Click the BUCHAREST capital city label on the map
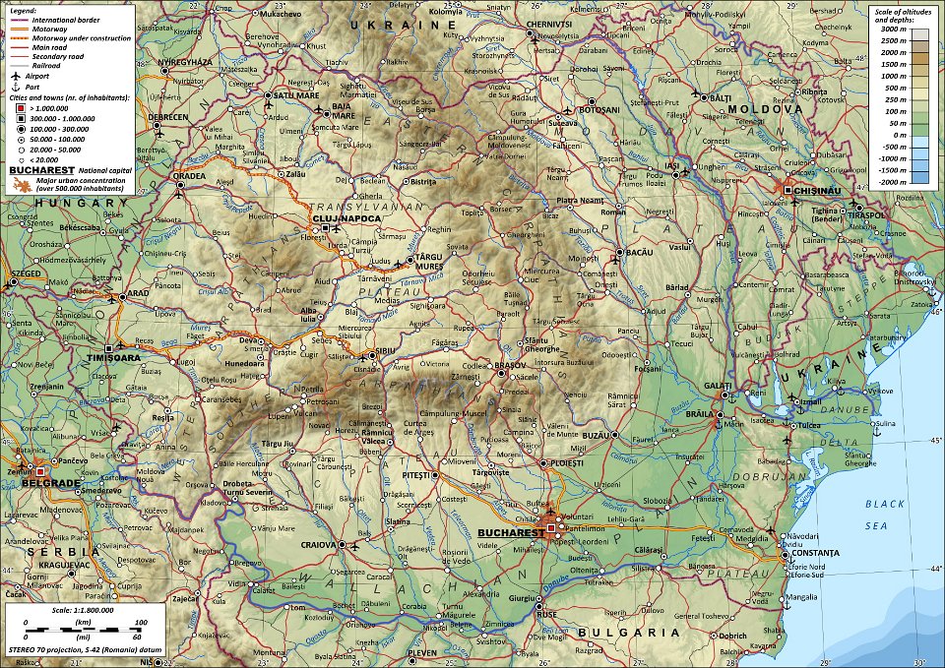507,532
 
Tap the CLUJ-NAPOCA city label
339,217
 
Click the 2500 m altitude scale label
891,40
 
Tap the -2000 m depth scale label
890,182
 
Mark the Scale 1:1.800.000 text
75,610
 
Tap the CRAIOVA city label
318,544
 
